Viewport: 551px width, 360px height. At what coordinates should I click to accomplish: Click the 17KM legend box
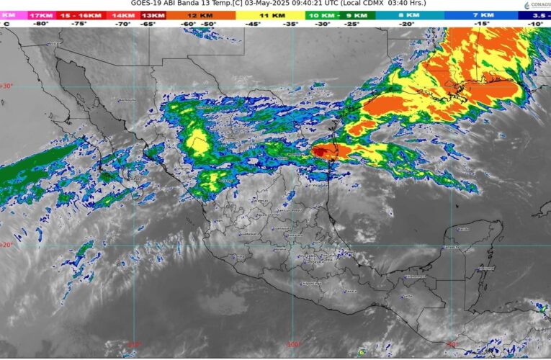40,15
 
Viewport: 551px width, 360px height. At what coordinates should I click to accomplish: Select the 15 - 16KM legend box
80,15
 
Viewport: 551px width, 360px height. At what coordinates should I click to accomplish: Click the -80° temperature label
40,24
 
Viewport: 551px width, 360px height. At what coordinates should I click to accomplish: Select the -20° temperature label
408,24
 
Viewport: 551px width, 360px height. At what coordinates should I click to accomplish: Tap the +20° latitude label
7,245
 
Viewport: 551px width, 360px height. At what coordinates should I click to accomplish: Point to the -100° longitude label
293,345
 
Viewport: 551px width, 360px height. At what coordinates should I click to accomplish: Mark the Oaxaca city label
351,291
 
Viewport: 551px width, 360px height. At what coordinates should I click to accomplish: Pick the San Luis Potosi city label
289,211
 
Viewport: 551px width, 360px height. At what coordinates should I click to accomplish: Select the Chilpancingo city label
310,284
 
